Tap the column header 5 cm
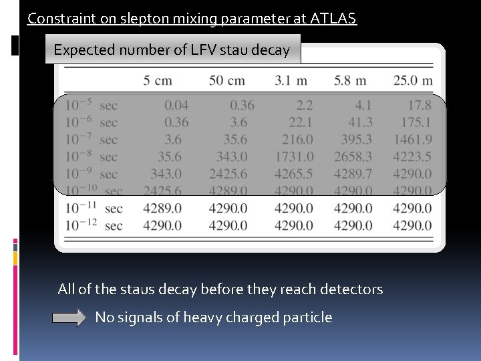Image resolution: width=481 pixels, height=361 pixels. point(158,81)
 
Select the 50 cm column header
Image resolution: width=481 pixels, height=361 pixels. point(226,81)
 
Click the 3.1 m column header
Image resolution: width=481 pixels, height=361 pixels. point(291,81)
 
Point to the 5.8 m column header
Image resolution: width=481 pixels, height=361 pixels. point(350,81)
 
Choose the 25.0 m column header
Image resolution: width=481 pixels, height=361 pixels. point(413,81)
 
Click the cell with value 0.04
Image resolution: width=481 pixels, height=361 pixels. point(176,105)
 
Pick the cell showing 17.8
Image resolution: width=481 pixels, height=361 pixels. point(419,105)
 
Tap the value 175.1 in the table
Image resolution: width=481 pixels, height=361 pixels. point(416,122)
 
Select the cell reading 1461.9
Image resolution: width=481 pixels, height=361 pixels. point(412,140)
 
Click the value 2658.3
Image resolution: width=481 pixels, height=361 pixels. point(353,157)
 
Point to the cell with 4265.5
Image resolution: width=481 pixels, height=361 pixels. point(293,174)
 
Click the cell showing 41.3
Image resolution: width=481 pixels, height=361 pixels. point(360,122)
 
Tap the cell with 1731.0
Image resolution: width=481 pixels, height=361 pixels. point(293,157)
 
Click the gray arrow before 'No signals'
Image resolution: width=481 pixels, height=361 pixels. point(70,318)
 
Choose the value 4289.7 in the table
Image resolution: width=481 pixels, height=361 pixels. point(353,174)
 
